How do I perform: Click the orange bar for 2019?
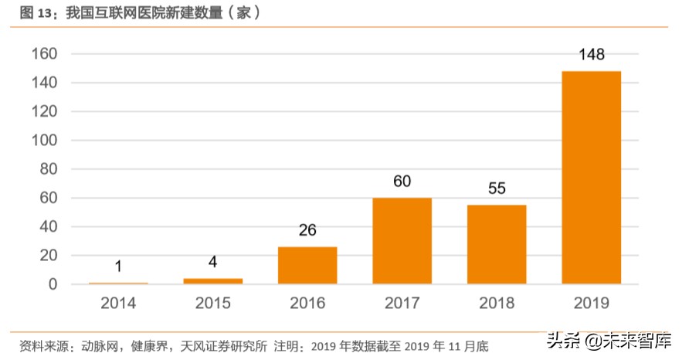(x=591, y=178)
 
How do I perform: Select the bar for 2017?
(x=402, y=241)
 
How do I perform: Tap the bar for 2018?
(x=497, y=244)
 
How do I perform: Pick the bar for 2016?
(x=307, y=265)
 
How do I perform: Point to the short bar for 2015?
(x=212, y=281)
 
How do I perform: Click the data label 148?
(x=591, y=55)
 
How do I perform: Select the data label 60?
(x=402, y=182)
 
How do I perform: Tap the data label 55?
(x=497, y=188)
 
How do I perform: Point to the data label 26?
(x=307, y=230)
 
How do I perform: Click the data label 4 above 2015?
(x=212, y=262)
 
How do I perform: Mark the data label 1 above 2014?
(x=118, y=267)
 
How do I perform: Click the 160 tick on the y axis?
(x=45, y=54)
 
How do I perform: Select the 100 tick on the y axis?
(x=45, y=141)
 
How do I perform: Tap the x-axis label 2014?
(x=118, y=304)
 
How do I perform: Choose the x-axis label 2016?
(x=307, y=304)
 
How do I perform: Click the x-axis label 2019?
(x=591, y=304)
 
